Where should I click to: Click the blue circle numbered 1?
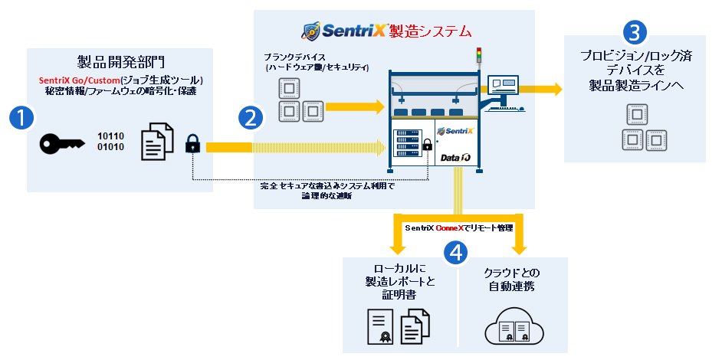click(22, 118)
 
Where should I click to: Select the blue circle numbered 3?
click(635, 32)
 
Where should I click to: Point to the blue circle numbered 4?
click(457, 254)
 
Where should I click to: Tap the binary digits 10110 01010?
click(110, 142)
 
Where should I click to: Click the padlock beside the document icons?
click(192, 142)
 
